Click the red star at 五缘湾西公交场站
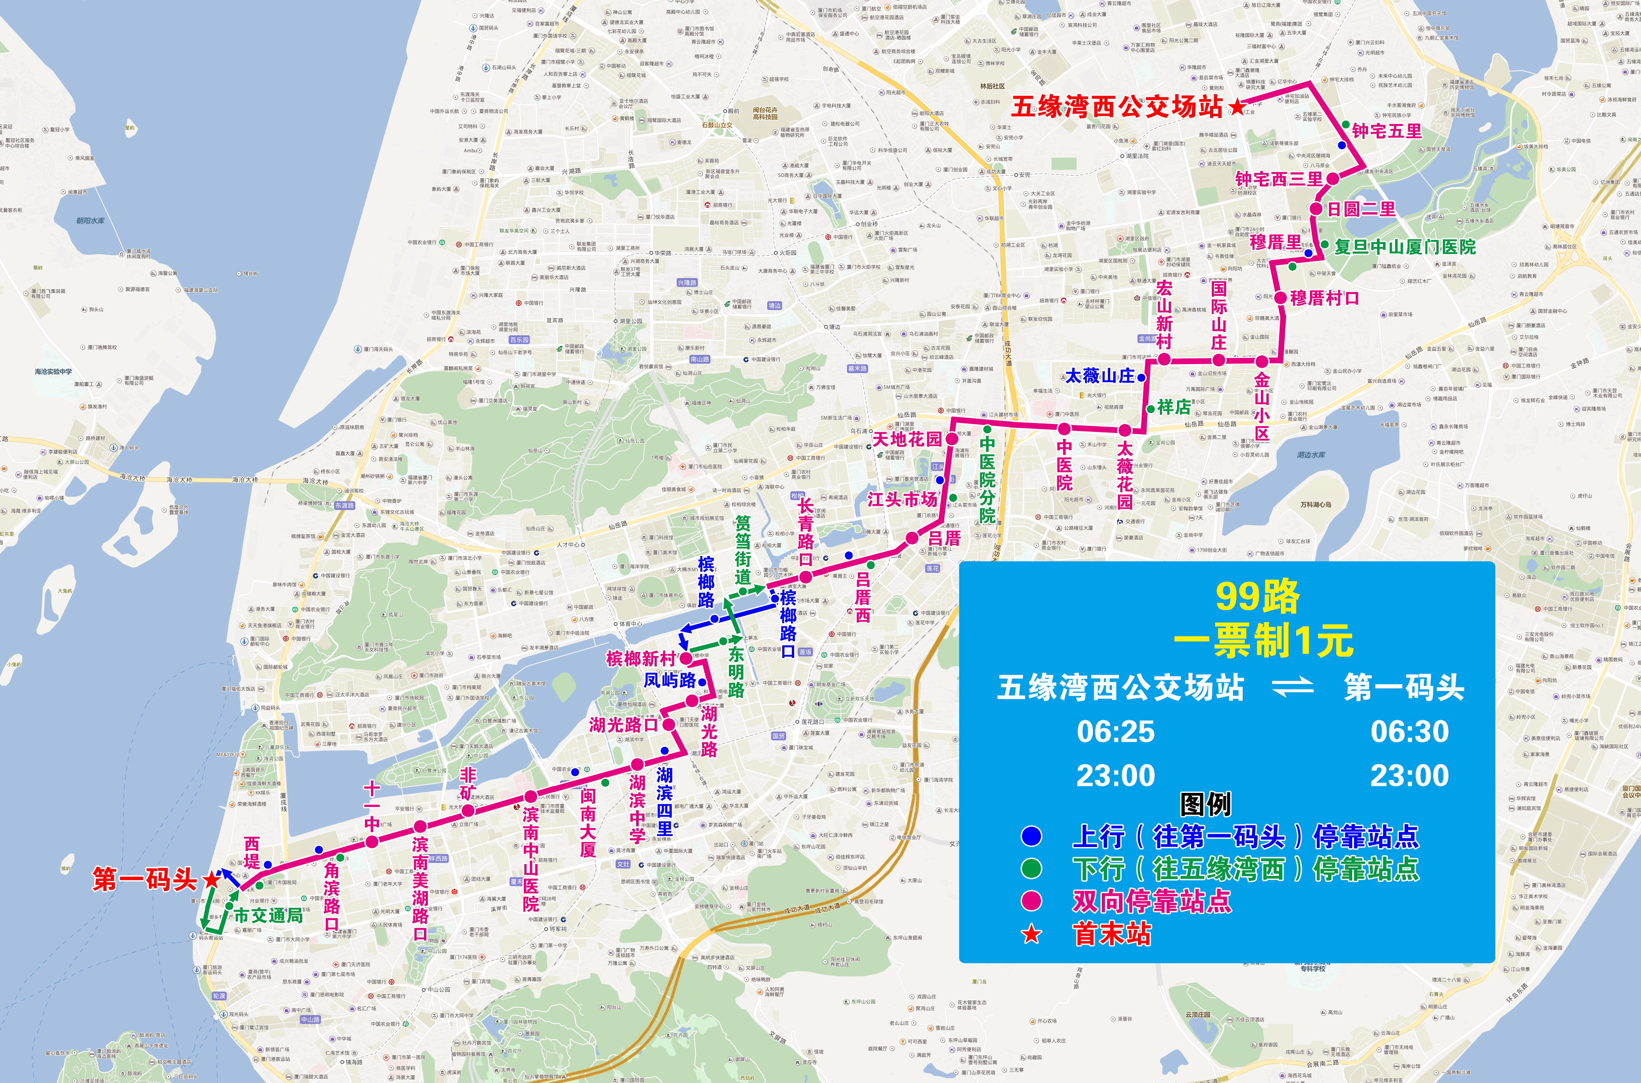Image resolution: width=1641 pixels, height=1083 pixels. point(1237,107)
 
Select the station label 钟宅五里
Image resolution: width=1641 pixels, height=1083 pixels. point(1387,131)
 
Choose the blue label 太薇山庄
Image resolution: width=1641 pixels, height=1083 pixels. point(1100,376)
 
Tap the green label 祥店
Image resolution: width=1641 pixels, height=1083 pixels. point(1174,407)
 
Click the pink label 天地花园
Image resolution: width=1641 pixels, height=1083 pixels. point(907,439)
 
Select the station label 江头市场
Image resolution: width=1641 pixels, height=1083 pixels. point(902,499)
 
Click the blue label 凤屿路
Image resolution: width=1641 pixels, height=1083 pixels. point(670,680)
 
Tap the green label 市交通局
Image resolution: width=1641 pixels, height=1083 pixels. point(268,916)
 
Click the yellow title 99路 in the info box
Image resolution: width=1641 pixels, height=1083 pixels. point(1257,597)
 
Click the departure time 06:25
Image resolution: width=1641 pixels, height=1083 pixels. point(1115,731)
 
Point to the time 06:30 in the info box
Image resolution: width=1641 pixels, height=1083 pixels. point(1409,731)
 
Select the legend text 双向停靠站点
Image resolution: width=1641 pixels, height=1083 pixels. point(1152,901)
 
